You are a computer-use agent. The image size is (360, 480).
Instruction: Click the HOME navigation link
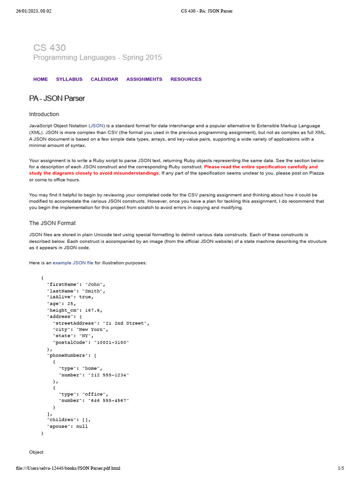(x=40, y=79)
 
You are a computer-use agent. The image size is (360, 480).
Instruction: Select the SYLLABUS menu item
(x=69, y=79)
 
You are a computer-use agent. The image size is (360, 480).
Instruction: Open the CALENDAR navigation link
(x=104, y=79)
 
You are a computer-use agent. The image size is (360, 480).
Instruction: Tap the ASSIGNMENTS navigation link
(x=144, y=79)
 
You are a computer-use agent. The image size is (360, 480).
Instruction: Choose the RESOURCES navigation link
(x=186, y=79)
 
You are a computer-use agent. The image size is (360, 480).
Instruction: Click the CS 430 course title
(x=49, y=47)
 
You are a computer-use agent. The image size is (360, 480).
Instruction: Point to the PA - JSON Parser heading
(x=57, y=98)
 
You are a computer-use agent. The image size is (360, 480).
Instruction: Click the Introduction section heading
(x=44, y=114)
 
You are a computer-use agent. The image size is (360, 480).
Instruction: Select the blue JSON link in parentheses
(x=97, y=126)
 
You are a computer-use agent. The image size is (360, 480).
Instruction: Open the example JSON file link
(x=73, y=263)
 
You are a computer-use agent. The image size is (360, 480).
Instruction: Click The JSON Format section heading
(x=52, y=223)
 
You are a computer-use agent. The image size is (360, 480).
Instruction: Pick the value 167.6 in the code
(x=93, y=310)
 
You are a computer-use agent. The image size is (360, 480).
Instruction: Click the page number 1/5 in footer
(x=341, y=468)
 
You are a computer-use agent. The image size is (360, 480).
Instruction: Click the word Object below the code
(x=36, y=452)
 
